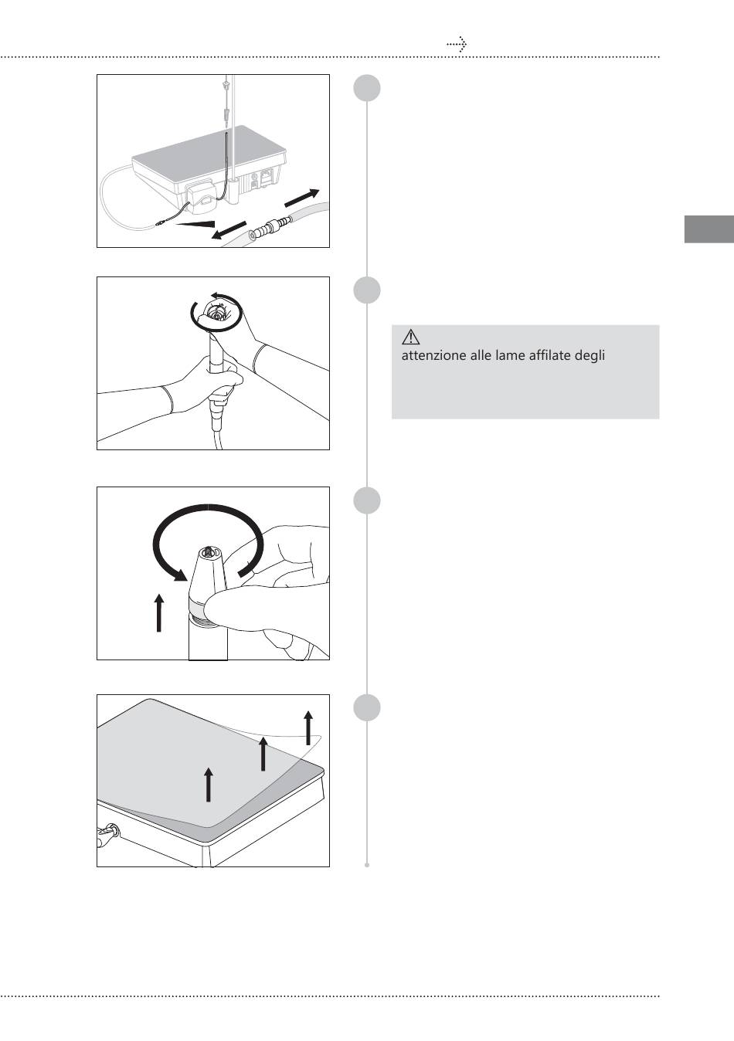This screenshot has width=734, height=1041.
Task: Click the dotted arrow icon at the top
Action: pyautogui.click(x=457, y=44)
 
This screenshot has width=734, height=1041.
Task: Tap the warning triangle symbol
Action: pyautogui.click(x=410, y=337)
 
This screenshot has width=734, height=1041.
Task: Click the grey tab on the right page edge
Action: pyautogui.click(x=709, y=229)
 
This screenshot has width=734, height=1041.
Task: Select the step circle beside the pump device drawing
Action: pyautogui.click(x=367, y=88)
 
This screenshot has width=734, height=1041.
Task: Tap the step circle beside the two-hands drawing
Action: pyautogui.click(x=367, y=290)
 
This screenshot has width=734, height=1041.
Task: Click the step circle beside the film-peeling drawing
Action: pyautogui.click(x=367, y=708)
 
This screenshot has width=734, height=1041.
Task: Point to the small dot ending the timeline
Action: pyautogui.click(x=367, y=865)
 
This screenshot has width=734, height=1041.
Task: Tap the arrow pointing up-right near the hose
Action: pyautogui.click(x=301, y=198)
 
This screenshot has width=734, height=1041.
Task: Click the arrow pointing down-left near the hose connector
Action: pyautogui.click(x=228, y=230)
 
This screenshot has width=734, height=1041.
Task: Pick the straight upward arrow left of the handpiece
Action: pyautogui.click(x=159, y=612)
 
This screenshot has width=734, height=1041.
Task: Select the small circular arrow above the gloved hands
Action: pyautogui.click(x=217, y=311)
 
